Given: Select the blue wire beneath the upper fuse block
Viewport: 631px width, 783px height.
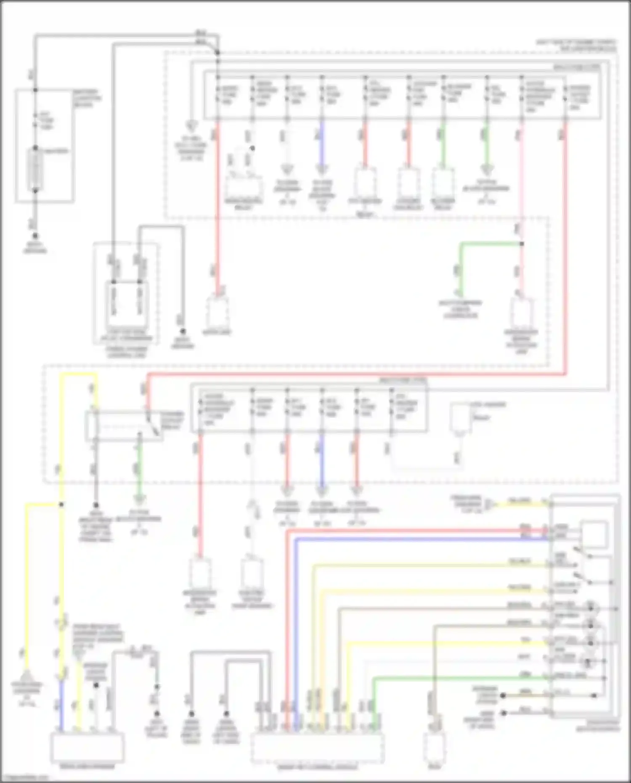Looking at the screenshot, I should [322, 143].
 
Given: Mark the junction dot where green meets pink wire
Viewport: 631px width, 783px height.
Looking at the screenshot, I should [522, 244].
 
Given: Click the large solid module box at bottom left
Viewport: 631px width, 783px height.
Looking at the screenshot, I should [87, 747].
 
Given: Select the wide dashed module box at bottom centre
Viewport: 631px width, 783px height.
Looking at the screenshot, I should [318, 747].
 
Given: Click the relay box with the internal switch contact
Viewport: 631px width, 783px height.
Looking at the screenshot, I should [125, 426].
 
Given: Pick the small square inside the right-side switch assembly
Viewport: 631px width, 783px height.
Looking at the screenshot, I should [594, 534].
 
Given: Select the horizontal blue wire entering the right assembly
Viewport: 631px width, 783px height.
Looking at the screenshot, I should [421, 539].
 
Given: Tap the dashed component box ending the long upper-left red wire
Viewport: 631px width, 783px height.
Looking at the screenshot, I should [217, 312].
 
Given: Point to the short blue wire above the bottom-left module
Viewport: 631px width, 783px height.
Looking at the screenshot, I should [61, 707].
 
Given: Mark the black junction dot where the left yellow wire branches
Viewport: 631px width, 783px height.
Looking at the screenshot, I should [61, 504].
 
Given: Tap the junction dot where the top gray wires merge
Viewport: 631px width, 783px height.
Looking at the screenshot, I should [217, 53].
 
